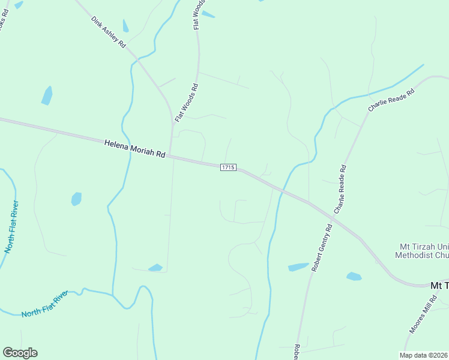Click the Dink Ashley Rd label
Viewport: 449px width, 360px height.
point(109,32)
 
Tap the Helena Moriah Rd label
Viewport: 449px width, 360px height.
point(134,148)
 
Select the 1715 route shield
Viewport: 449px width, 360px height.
point(228,167)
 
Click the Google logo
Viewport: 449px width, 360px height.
point(20,353)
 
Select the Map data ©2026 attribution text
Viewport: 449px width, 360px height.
point(424,355)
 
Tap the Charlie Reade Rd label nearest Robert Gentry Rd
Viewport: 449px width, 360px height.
point(340,190)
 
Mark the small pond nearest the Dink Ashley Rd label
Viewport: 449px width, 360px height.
point(125,26)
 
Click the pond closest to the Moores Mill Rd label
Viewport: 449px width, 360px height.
point(354,277)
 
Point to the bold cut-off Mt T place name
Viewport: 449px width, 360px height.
point(439,286)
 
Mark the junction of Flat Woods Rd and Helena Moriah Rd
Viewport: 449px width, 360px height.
point(170,156)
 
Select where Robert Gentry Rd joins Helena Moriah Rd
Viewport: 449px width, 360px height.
point(309,202)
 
